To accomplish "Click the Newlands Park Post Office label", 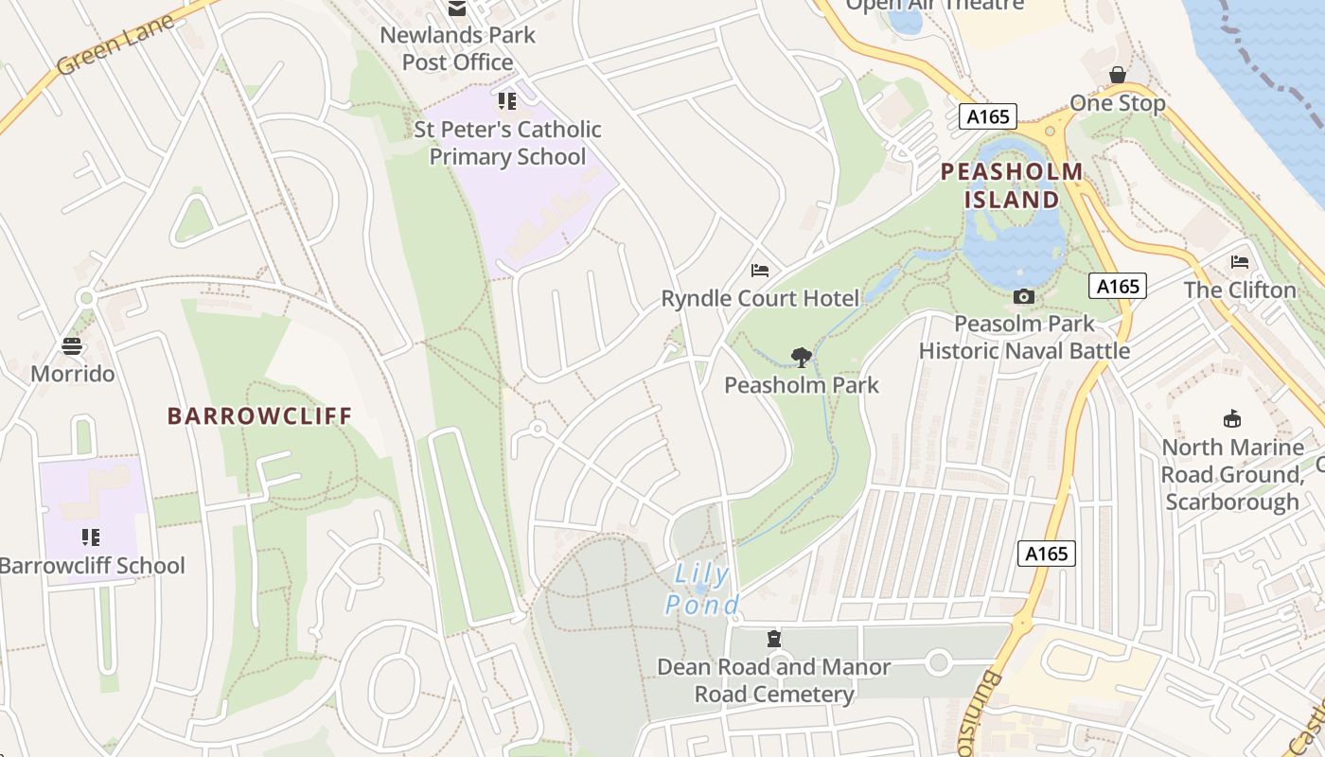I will tap(457, 49).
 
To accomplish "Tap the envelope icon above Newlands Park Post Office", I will tap(457, 9).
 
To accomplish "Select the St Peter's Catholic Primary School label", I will tap(507, 143).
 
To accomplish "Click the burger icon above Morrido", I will tap(73, 346).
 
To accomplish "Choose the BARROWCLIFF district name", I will tap(259, 415).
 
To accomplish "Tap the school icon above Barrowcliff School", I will tap(91, 538).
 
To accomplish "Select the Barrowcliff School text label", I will tap(93, 566).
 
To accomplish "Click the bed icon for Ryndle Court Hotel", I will tap(760, 271).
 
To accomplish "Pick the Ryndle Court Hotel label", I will tap(760, 299).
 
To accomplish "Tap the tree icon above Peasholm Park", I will tap(802, 357).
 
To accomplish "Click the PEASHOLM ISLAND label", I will tap(1012, 185).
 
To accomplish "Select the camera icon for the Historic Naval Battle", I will tap(1023, 297).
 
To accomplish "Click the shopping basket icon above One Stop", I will tap(1118, 75).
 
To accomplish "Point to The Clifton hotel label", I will tap(1240, 290).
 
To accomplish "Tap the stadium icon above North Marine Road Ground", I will tap(1232, 418).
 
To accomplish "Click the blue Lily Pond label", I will tap(701, 590).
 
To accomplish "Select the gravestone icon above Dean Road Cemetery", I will tap(774, 639).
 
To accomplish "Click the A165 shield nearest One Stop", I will tap(987, 116).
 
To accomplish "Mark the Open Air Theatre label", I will tap(934, 5).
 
